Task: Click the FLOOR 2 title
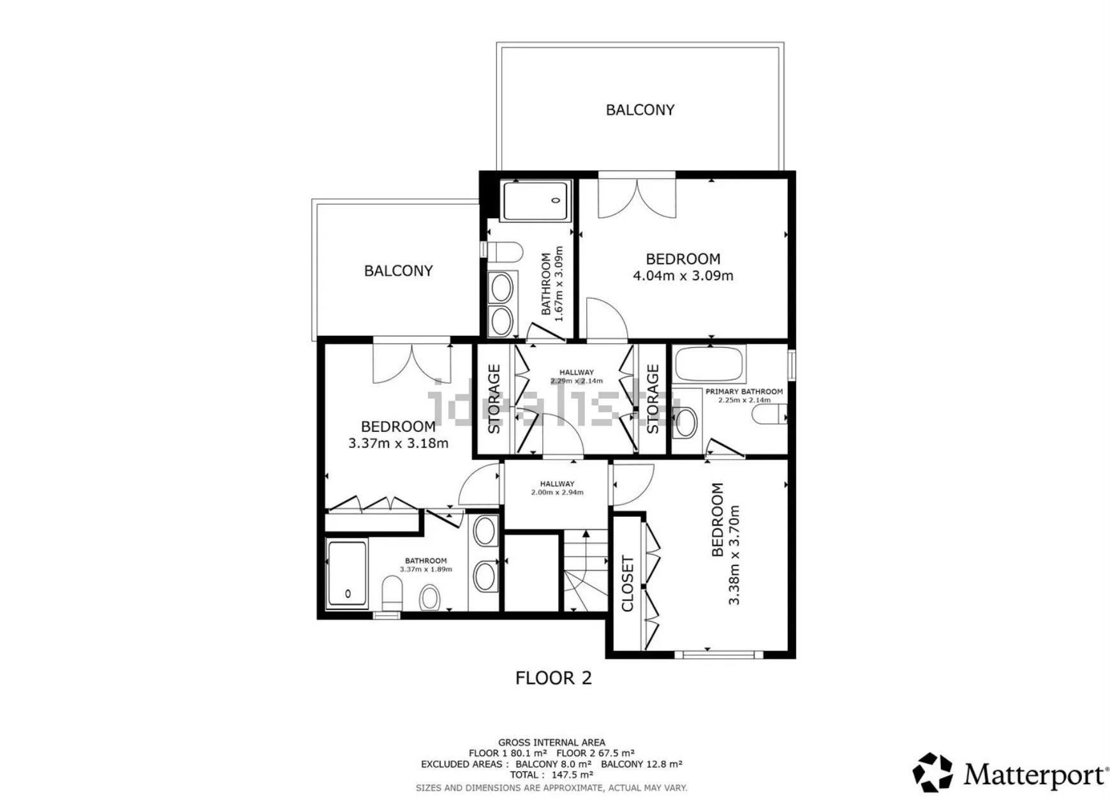[x=553, y=678]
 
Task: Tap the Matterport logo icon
[x=933, y=772]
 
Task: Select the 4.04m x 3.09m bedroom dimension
[x=683, y=276]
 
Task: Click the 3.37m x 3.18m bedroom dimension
[x=398, y=443]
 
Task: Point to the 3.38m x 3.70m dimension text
[x=734, y=555]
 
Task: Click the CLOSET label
[x=627, y=584]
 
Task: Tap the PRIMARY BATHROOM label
[x=744, y=392]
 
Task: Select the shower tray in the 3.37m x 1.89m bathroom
[x=348, y=574]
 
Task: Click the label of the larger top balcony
[x=640, y=110]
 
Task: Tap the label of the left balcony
[x=398, y=271]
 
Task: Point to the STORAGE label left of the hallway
[x=494, y=399]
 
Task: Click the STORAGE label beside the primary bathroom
[x=653, y=399]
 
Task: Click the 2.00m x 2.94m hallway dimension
[x=557, y=493]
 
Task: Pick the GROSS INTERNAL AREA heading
[x=552, y=742]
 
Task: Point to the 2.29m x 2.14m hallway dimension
[x=577, y=381]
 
